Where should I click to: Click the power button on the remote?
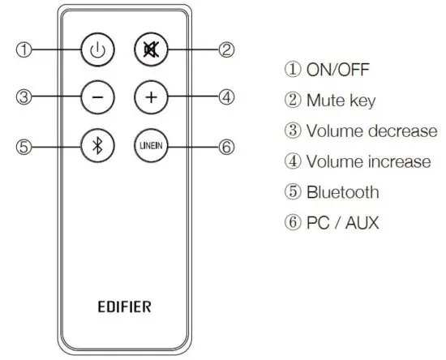click(x=97, y=49)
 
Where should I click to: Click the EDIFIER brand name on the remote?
click(x=124, y=307)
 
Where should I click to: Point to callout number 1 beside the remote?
click(x=25, y=49)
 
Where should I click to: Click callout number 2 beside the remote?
click(x=226, y=50)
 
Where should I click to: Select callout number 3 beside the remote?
click(x=25, y=97)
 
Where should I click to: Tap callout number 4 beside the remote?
click(x=226, y=97)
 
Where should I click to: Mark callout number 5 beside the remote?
click(x=25, y=146)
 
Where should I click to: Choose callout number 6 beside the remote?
click(x=226, y=146)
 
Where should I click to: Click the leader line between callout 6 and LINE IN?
click(x=191, y=146)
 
